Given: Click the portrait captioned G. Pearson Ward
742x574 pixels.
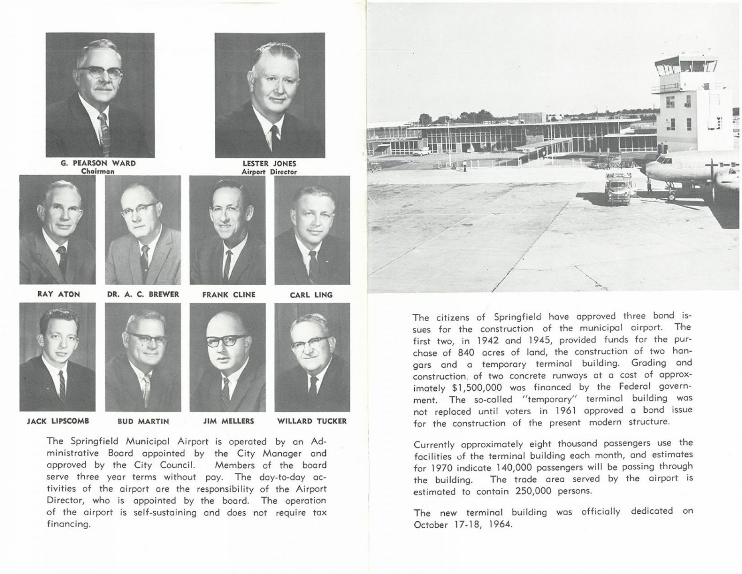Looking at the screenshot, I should tap(100, 95).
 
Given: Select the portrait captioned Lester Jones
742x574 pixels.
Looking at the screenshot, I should tap(269, 95).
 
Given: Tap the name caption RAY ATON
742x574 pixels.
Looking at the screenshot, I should tap(59, 294).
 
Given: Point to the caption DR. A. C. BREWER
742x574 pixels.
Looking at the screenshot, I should tap(143, 294).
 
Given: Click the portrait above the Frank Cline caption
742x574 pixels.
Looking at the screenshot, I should tap(227, 230).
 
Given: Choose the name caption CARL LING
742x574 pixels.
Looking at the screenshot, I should tap(311, 295).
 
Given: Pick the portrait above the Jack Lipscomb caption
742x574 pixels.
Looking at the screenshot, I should tap(58, 357).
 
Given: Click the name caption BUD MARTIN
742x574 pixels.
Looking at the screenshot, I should tap(143, 421).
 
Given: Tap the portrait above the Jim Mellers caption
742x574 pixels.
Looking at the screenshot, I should tap(227, 357).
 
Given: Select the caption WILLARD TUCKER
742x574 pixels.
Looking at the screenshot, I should tap(312, 421).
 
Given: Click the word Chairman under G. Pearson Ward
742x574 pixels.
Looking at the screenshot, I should tap(98, 171).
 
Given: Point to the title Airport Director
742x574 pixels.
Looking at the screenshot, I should tap(269, 172).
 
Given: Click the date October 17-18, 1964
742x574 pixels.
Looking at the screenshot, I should tap(463, 525).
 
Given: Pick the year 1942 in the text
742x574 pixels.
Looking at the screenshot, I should tap(479, 341).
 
